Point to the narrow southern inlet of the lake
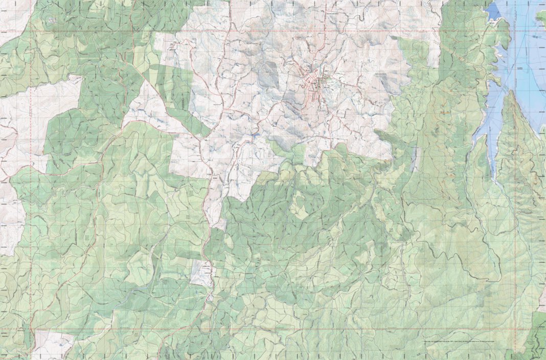pos(493,164)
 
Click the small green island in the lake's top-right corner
pos(542,18)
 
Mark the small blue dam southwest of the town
pos(254,137)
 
